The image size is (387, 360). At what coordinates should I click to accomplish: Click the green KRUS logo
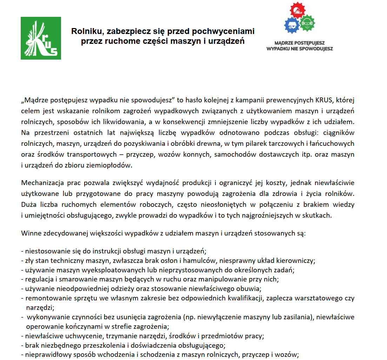pos(41,38)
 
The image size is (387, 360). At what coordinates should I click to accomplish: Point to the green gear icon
pos(307,23)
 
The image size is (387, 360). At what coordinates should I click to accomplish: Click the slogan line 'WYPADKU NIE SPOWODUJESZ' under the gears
pos(299,49)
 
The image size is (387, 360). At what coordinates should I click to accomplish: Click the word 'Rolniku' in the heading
pos(85,32)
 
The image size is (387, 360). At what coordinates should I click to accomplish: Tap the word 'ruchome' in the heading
pos(118,41)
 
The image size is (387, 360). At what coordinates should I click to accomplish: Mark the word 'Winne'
pos(31,232)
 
